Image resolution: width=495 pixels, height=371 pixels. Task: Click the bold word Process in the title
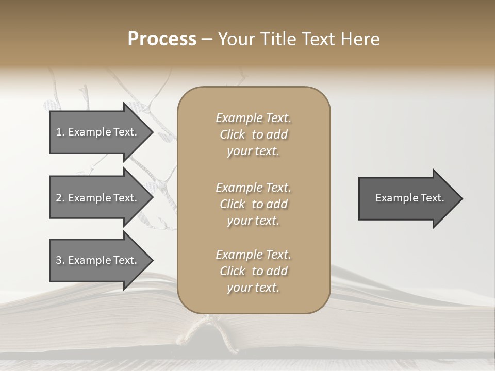click(x=162, y=39)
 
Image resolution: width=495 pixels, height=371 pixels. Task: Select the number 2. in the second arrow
click(x=60, y=198)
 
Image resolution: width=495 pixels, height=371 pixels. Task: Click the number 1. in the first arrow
click(x=60, y=132)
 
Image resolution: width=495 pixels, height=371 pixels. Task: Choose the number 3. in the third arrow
click(x=60, y=260)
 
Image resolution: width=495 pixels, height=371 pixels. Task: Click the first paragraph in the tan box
click(x=254, y=134)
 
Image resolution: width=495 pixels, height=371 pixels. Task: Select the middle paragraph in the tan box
click(x=254, y=204)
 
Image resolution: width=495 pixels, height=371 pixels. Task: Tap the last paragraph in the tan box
click(x=254, y=271)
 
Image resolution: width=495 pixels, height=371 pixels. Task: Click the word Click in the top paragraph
click(x=232, y=134)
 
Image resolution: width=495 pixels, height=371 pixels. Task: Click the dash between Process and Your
click(x=207, y=39)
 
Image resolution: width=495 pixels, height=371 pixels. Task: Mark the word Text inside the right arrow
click(x=432, y=198)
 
